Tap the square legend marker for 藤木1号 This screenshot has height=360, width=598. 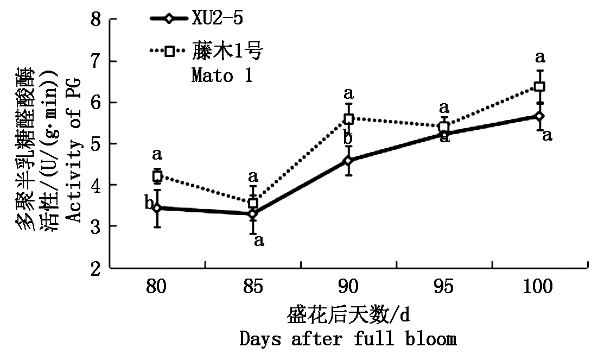coord(169,52)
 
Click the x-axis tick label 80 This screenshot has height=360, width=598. coord(157,287)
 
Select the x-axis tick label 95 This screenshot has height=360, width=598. coord(444,287)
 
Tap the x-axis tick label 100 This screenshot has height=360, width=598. coord(539,287)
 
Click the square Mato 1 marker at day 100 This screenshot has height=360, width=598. coord(539,86)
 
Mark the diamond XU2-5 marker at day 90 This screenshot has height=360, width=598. coord(348,161)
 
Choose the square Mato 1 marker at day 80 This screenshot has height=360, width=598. coord(157,176)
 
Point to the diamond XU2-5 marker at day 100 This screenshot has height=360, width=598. coord(539,116)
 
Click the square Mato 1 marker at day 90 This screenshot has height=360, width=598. coord(348,119)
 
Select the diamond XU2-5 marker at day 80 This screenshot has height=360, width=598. coord(157,208)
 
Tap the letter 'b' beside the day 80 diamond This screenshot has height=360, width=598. coord(148,204)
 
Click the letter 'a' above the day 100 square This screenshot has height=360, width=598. coord(540,56)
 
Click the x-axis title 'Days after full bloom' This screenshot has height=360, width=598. coord(348,339)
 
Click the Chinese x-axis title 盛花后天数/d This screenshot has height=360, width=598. coord(348,315)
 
